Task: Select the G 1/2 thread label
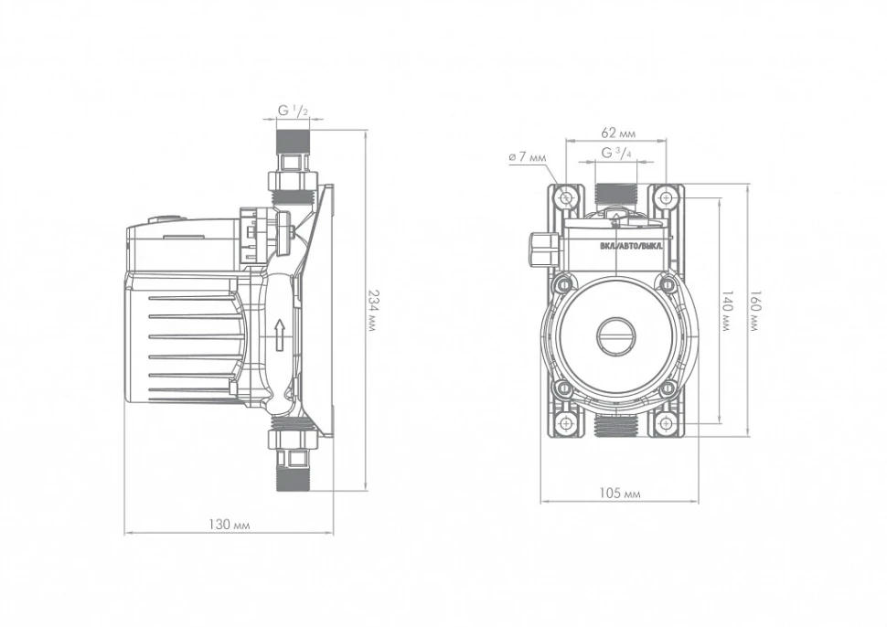click(293, 111)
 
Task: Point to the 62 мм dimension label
click(618, 131)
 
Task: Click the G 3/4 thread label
click(617, 154)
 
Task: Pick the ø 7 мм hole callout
click(527, 157)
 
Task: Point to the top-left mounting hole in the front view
click(567, 197)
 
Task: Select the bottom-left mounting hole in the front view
click(567, 423)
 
